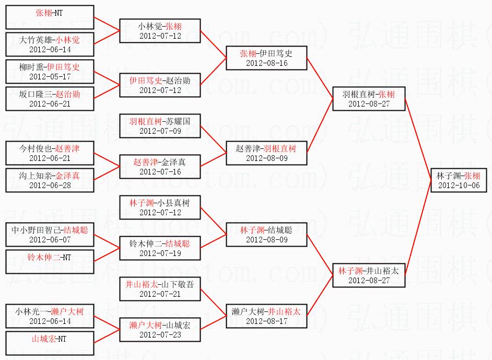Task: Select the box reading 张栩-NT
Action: [x=50, y=17]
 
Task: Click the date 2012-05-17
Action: [x=50, y=77]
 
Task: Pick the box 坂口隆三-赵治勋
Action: [x=50, y=99]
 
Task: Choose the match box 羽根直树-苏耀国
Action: [x=160, y=126]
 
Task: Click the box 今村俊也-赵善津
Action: [x=50, y=153]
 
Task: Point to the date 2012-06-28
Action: [x=50, y=185]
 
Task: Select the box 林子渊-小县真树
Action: [x=160, y=207]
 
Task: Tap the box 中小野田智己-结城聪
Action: [x=50, y=235]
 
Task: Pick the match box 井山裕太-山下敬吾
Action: [x=160, y=289]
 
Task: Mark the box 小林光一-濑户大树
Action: [x=50, y=316]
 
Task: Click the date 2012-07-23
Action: [x=160, y=334]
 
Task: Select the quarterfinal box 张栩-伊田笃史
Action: [x=266, y=58]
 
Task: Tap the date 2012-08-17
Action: [x=266, y=321]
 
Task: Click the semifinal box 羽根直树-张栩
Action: [x=369, y=99]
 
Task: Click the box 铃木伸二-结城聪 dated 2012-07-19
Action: [x=160, y=248]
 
